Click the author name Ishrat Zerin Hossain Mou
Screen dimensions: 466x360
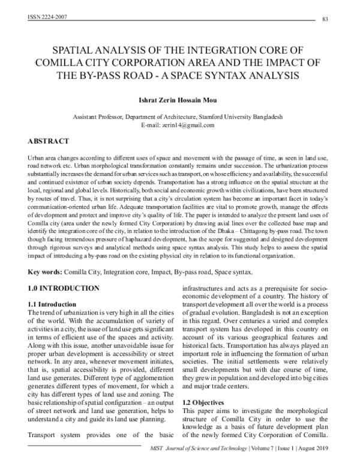pyautogui.click(x=180, y=98)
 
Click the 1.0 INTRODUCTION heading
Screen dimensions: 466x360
pyautogui.click(x=64, y=288)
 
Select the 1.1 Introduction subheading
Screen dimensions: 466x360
pyautogui.click(x=53, y=304)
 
